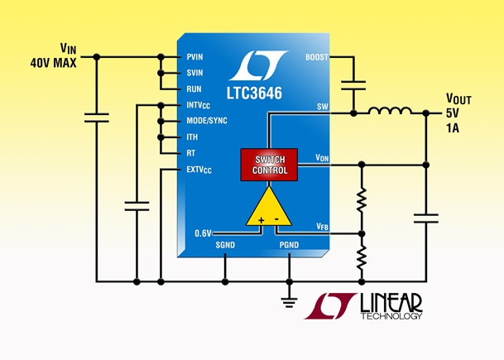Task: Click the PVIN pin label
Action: pyautogui.click(x=196, y=57)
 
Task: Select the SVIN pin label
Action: pyautogui.click(x=196, y=73)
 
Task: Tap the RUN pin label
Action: pyautogui.click(x=194, y=89)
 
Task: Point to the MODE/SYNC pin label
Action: pyautogui.click(x=207, y=121)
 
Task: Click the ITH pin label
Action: pyautogui.click(x=193, y=137)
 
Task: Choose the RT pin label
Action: pyautogui.click(x=191, y=153)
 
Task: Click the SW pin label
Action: pyautogui.click(x=322, y=107)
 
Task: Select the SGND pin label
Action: pyautogui.click(x=225, y=246)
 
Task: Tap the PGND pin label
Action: pyautogui.click(x=289, y=246)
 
